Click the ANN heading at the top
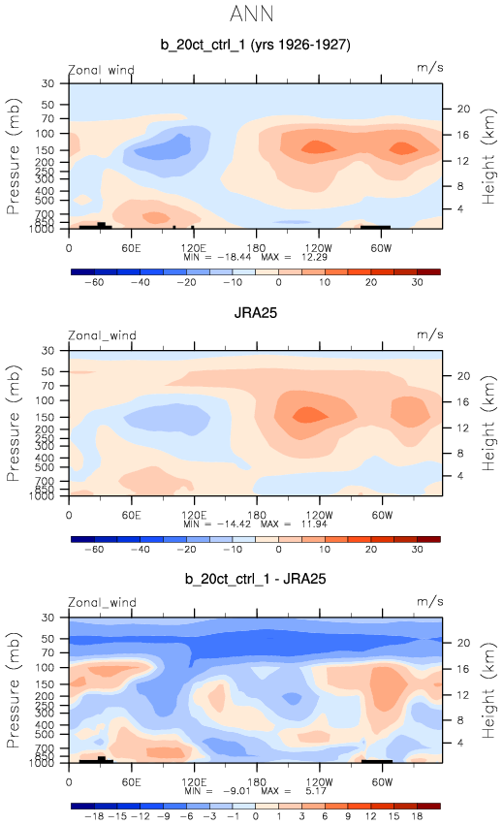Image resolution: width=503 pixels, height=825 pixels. (252, 14)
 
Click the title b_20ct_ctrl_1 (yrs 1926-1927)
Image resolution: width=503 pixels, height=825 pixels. (255, 45)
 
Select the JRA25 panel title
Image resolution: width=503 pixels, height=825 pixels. (256, 313)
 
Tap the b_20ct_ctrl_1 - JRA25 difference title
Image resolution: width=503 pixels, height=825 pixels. (255, 579)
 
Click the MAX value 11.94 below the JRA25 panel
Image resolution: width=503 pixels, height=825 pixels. (314, 524)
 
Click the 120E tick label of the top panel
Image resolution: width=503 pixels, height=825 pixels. (194, 248)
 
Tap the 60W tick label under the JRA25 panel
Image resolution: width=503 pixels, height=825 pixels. (382, 515)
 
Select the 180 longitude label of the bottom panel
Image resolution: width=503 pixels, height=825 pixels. (256, 781)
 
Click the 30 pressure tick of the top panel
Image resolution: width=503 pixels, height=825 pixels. (47, 83)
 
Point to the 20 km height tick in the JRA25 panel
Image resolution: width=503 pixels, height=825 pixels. (463, 376)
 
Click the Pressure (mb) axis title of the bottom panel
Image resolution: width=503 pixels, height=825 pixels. (14, 690)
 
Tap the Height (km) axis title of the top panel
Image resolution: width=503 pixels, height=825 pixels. (488, 156)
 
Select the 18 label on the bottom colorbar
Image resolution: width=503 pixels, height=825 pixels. (418, 816)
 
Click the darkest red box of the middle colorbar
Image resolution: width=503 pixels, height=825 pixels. (428, 539)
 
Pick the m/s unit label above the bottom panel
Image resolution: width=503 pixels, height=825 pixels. (430, 601)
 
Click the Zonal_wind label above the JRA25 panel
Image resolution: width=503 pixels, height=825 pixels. (102, 335)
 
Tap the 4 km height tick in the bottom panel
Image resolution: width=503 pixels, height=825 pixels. (460, 743)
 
